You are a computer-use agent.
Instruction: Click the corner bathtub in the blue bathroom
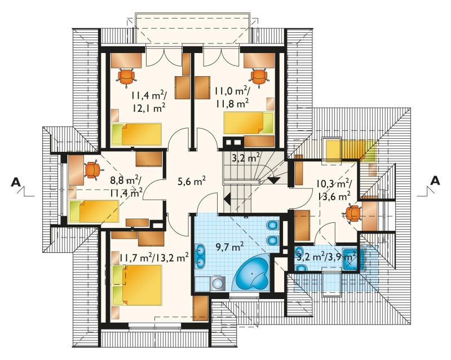click(253, 274)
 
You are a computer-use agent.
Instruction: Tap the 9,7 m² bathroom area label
click(230, 247)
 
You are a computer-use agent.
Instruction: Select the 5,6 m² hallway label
click(192, 182)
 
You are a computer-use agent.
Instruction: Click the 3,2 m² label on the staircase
click(246, 158)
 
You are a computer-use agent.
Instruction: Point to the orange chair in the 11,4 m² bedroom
click(126, 76)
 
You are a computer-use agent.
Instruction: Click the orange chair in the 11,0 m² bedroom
click(259, 77)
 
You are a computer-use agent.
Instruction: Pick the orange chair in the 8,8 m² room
click(92, 170)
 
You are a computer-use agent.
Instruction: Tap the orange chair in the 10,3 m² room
click(352, 214)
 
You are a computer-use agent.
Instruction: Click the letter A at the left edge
click(16, 182)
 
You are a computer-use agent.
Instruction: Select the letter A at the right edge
click(435, 181)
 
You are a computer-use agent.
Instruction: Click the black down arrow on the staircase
click(274, 180)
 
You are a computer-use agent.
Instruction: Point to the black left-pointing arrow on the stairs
click(227, 199)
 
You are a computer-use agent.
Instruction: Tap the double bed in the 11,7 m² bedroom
click(137, 285)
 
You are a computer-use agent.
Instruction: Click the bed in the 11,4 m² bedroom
click(136, 134)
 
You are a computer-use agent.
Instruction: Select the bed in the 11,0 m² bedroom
click(249, 123)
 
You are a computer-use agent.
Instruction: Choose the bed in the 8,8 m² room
click(94, 211)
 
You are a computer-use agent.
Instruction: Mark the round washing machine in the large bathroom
click(219, 284)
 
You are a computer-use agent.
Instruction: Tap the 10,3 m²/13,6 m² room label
click(333, 190)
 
